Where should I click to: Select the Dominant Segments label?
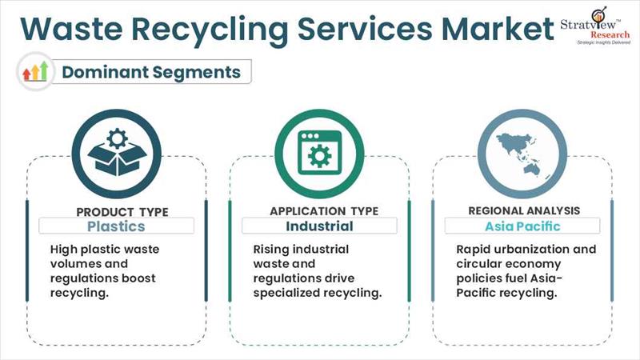click(x=151, y=72)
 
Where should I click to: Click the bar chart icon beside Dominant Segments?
click(x=34, y=72)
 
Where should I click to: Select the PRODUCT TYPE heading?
click(x=122, y=212)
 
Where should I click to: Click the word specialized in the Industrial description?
click(x=290, y=293)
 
